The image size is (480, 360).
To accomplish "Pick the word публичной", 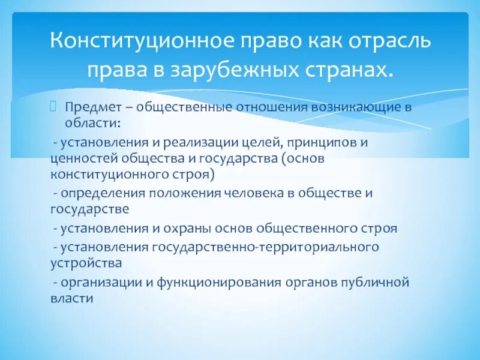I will tap(373, 282).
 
